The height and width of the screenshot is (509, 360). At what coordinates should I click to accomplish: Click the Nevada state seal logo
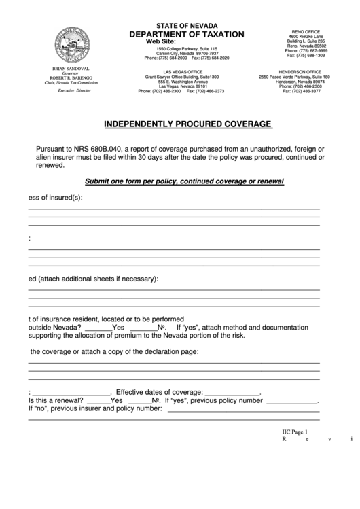point(66,46)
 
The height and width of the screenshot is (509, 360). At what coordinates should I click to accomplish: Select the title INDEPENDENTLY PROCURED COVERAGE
point(187,124)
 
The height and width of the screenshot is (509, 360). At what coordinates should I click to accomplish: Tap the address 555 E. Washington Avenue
point(183,82)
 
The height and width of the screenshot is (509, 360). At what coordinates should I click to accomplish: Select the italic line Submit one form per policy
point(184,181)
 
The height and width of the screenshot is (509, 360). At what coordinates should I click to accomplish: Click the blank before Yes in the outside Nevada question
point(98,326)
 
